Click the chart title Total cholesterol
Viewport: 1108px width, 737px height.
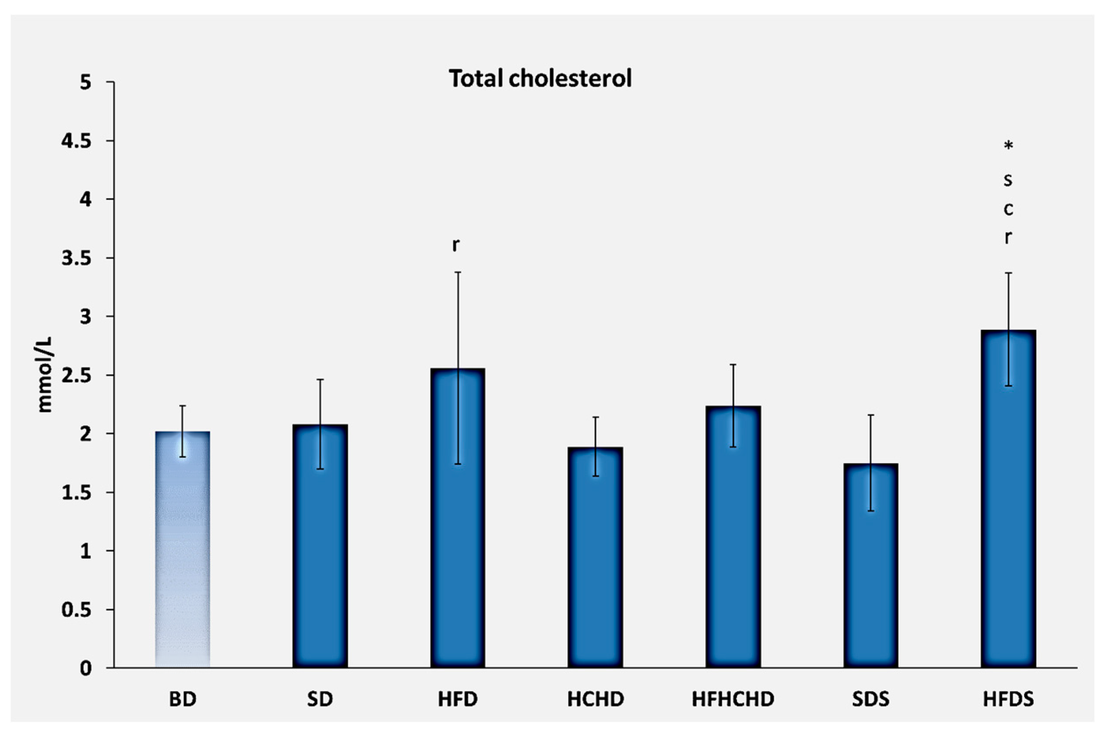[x=540, y=79]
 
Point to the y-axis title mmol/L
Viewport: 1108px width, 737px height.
[x=45, y=375]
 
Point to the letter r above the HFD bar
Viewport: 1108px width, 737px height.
[x=455, y=244]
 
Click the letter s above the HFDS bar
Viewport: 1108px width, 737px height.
[x=1008, y=179]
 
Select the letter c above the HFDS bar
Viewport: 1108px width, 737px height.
[x=1008, y=209]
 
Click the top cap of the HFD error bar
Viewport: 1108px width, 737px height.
[x=457, y=272]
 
